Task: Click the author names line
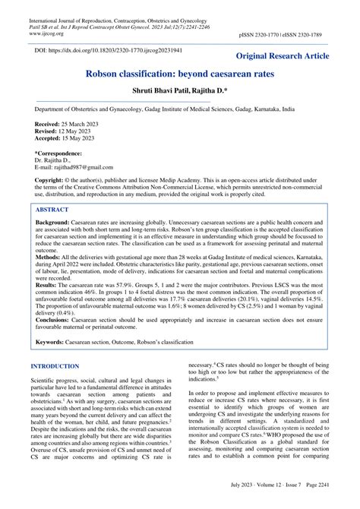coord(179,93)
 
